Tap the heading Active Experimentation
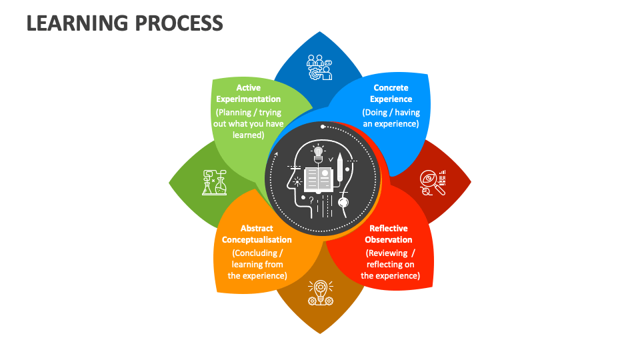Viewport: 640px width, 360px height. click(249, 93)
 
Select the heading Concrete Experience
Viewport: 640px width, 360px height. click(391, 93)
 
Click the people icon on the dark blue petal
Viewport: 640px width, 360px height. click(319, 67)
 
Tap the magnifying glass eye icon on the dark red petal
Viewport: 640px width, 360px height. click(433, 182)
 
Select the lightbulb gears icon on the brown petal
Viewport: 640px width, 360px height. click(320, 292)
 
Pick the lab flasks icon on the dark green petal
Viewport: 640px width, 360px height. click(214, 182)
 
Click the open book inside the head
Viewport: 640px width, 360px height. click(319, 179)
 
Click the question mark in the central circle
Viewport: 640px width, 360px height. click(311, 199)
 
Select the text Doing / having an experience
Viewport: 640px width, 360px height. click(391, 118)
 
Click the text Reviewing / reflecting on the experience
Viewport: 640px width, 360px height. click(391, 264)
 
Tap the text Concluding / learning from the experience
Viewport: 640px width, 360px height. click(257, 264)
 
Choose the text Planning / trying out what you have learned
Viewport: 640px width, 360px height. click(249, 123)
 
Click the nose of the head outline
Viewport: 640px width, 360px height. click(287, 181)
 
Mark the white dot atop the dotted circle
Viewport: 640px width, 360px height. click(323, 126)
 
